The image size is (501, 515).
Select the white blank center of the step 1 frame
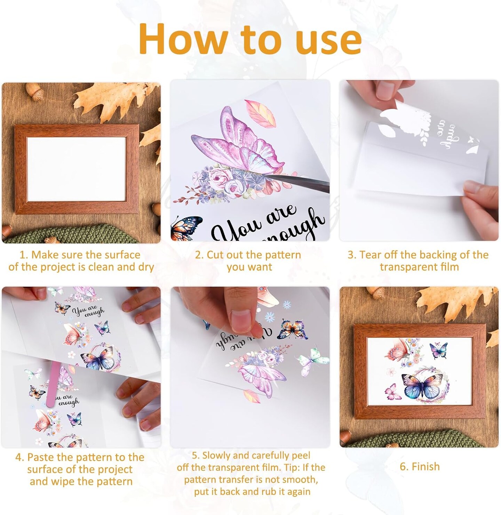[x=77, y=169]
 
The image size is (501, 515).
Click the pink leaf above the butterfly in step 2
[x=260, y=113]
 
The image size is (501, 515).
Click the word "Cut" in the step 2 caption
[x=216, y=255]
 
